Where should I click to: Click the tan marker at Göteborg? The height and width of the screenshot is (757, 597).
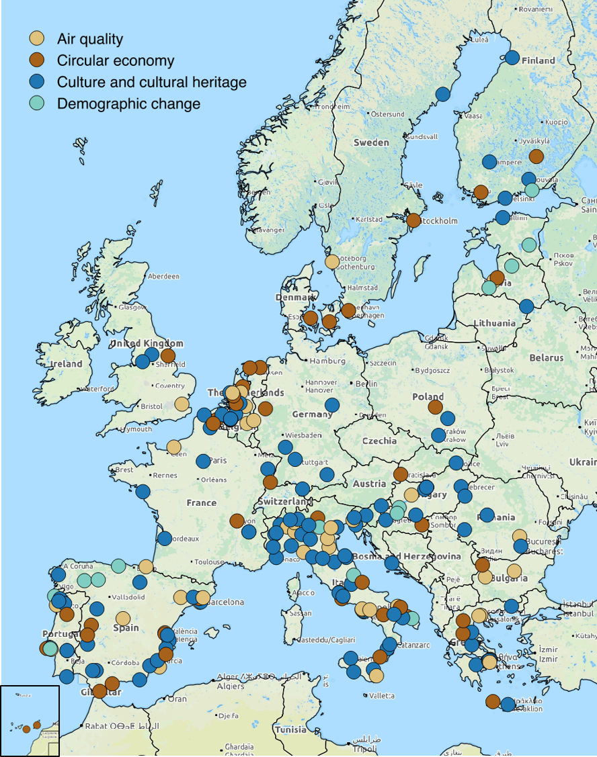click(332, 261)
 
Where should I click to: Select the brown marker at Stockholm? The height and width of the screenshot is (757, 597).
click(413, 220)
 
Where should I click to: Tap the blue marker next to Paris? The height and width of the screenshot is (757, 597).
click(203, 461)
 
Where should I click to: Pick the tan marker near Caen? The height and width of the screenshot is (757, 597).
click(174, 447)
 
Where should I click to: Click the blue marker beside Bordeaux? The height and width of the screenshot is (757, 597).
click(165, 538)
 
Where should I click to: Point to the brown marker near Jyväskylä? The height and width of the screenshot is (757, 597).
click(536, 157)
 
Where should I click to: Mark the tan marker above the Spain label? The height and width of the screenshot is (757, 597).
click(123, 618)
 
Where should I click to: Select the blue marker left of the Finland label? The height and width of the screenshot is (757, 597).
click(512, 58)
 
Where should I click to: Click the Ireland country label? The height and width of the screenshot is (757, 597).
click(67, 364)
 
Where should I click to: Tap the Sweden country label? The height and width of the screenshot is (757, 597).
click(371, 142)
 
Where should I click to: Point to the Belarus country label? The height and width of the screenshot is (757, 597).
click(546, 358)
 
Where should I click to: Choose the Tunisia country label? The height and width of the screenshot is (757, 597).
click(290, 729)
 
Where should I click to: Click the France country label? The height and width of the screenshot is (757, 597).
click(202, 502)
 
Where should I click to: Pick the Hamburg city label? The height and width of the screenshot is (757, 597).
click(328, 361)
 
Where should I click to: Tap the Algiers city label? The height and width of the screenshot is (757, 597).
click(231, 686)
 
